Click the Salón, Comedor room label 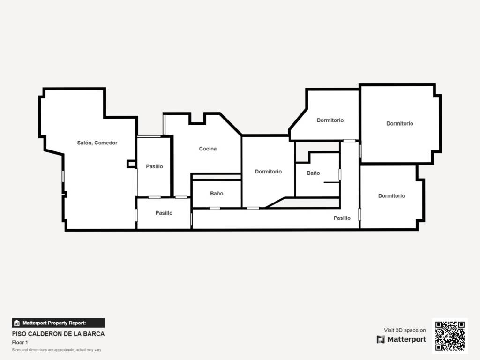point(97,142)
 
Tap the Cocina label point(208,149)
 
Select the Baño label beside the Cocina point(217,194)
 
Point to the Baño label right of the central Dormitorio point(313,173)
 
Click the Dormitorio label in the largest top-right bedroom point(400,123)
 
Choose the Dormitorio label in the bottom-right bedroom point(391,195)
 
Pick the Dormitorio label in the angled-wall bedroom point(330,120)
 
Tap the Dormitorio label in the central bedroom point(268,172)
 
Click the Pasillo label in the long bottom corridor point(342,218)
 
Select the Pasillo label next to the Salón point(154,166)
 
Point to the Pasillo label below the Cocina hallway point(164,213)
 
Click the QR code point(450,336)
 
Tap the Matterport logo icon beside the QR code point(381,339)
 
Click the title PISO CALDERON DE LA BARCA point(58,334)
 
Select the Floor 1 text point(20,342)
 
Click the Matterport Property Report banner point(58,323)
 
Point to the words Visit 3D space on point(405,330)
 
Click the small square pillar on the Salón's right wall point(131,164)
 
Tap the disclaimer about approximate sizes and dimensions point(57,350)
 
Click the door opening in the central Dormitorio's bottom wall point(253,208)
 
